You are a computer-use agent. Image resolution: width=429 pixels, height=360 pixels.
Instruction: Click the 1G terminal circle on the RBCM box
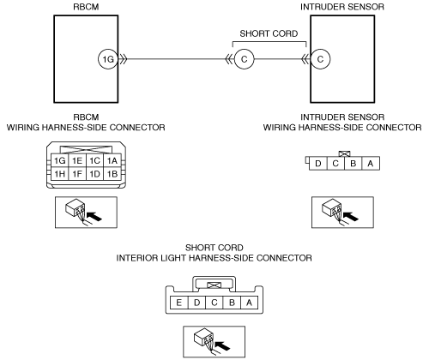[108, 59]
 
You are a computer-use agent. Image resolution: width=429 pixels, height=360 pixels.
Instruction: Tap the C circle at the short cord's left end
[244, 59]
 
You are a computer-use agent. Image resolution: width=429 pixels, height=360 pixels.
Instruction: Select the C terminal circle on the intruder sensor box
[320, 59]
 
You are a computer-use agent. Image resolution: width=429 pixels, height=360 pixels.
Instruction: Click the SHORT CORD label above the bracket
[269, 33]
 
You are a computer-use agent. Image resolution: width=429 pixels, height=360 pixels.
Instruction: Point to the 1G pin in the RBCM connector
[60, 161]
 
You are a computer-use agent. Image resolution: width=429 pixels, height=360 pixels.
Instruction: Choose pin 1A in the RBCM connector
[112, 161]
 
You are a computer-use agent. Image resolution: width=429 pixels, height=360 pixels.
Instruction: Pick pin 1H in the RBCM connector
[60, 174]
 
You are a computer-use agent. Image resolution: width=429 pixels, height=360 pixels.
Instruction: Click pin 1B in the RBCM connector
[112, 174]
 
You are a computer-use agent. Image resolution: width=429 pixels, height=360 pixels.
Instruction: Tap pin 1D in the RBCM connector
[94, 174]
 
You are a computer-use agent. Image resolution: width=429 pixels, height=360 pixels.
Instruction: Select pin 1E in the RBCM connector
[77, 161]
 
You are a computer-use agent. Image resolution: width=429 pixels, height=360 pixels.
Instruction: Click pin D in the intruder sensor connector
[318, 164]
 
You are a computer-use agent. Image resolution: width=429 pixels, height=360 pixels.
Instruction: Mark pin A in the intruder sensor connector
[371, 164]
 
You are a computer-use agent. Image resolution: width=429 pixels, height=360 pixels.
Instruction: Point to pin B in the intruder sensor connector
[353, 164]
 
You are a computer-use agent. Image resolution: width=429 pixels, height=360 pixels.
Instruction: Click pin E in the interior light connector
[179, 303]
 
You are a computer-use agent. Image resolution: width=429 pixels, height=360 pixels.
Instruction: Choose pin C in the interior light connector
[214, 303]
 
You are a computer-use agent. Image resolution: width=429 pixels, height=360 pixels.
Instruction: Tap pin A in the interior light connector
[249, 303]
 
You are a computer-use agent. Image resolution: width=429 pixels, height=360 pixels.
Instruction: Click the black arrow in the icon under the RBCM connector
[94, 216]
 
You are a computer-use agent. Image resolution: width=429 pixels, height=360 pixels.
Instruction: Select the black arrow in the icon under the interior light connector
[222, 345]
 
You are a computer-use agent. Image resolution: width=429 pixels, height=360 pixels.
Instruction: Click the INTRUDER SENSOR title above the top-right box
[342, 7]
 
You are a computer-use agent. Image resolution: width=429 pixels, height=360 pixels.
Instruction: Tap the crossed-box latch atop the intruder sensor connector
[345, 154]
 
